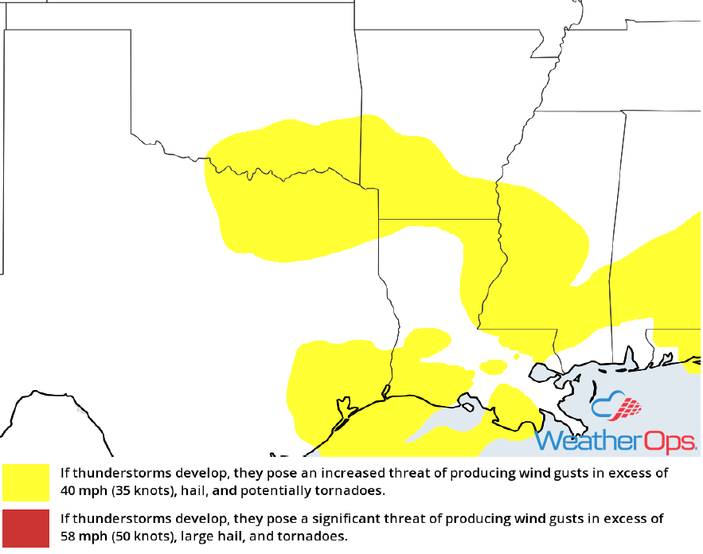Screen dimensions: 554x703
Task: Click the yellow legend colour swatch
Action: pos(26,482)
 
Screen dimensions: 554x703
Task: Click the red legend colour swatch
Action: pos(26,527)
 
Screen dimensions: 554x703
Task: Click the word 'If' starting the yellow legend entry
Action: pos(64,473)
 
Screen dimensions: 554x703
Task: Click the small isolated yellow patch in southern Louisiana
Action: pos(494,366)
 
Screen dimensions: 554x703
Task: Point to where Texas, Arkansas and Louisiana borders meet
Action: pos(378,218)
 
